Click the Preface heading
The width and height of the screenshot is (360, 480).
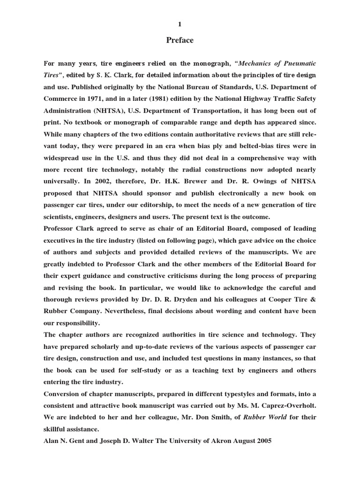tap(180, 40)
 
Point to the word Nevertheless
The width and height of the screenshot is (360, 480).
tap(145, 311)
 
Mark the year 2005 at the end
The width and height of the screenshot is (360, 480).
tap(262, 441)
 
